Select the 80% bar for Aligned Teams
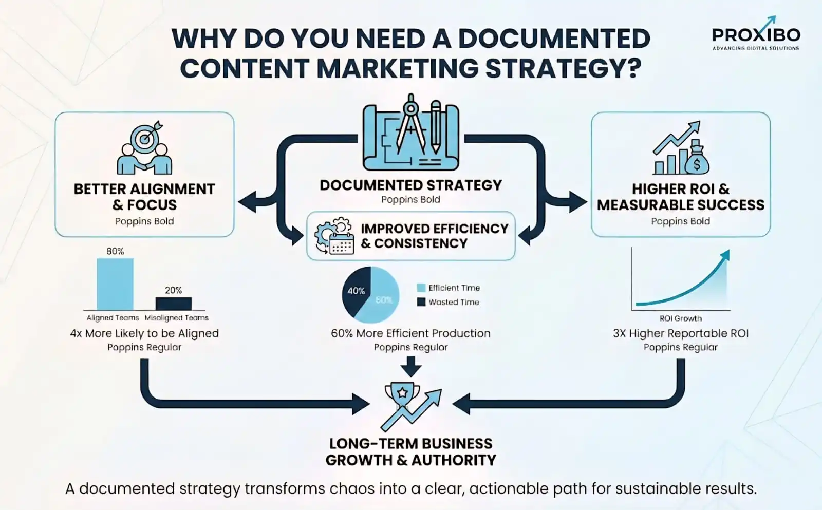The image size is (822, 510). [115, 284]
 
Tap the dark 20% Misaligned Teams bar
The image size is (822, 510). [174, 304]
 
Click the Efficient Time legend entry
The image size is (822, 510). [449, 288]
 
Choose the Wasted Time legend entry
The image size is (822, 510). [449, 302]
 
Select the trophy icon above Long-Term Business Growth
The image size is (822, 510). [402, 395]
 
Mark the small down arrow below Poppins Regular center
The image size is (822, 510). [410, 367]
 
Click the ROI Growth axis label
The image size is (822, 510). [680, 318]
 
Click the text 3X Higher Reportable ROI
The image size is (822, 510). [680, 333]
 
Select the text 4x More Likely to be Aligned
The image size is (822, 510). [144, 333]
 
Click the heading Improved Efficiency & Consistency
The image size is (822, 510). [434, 236]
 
